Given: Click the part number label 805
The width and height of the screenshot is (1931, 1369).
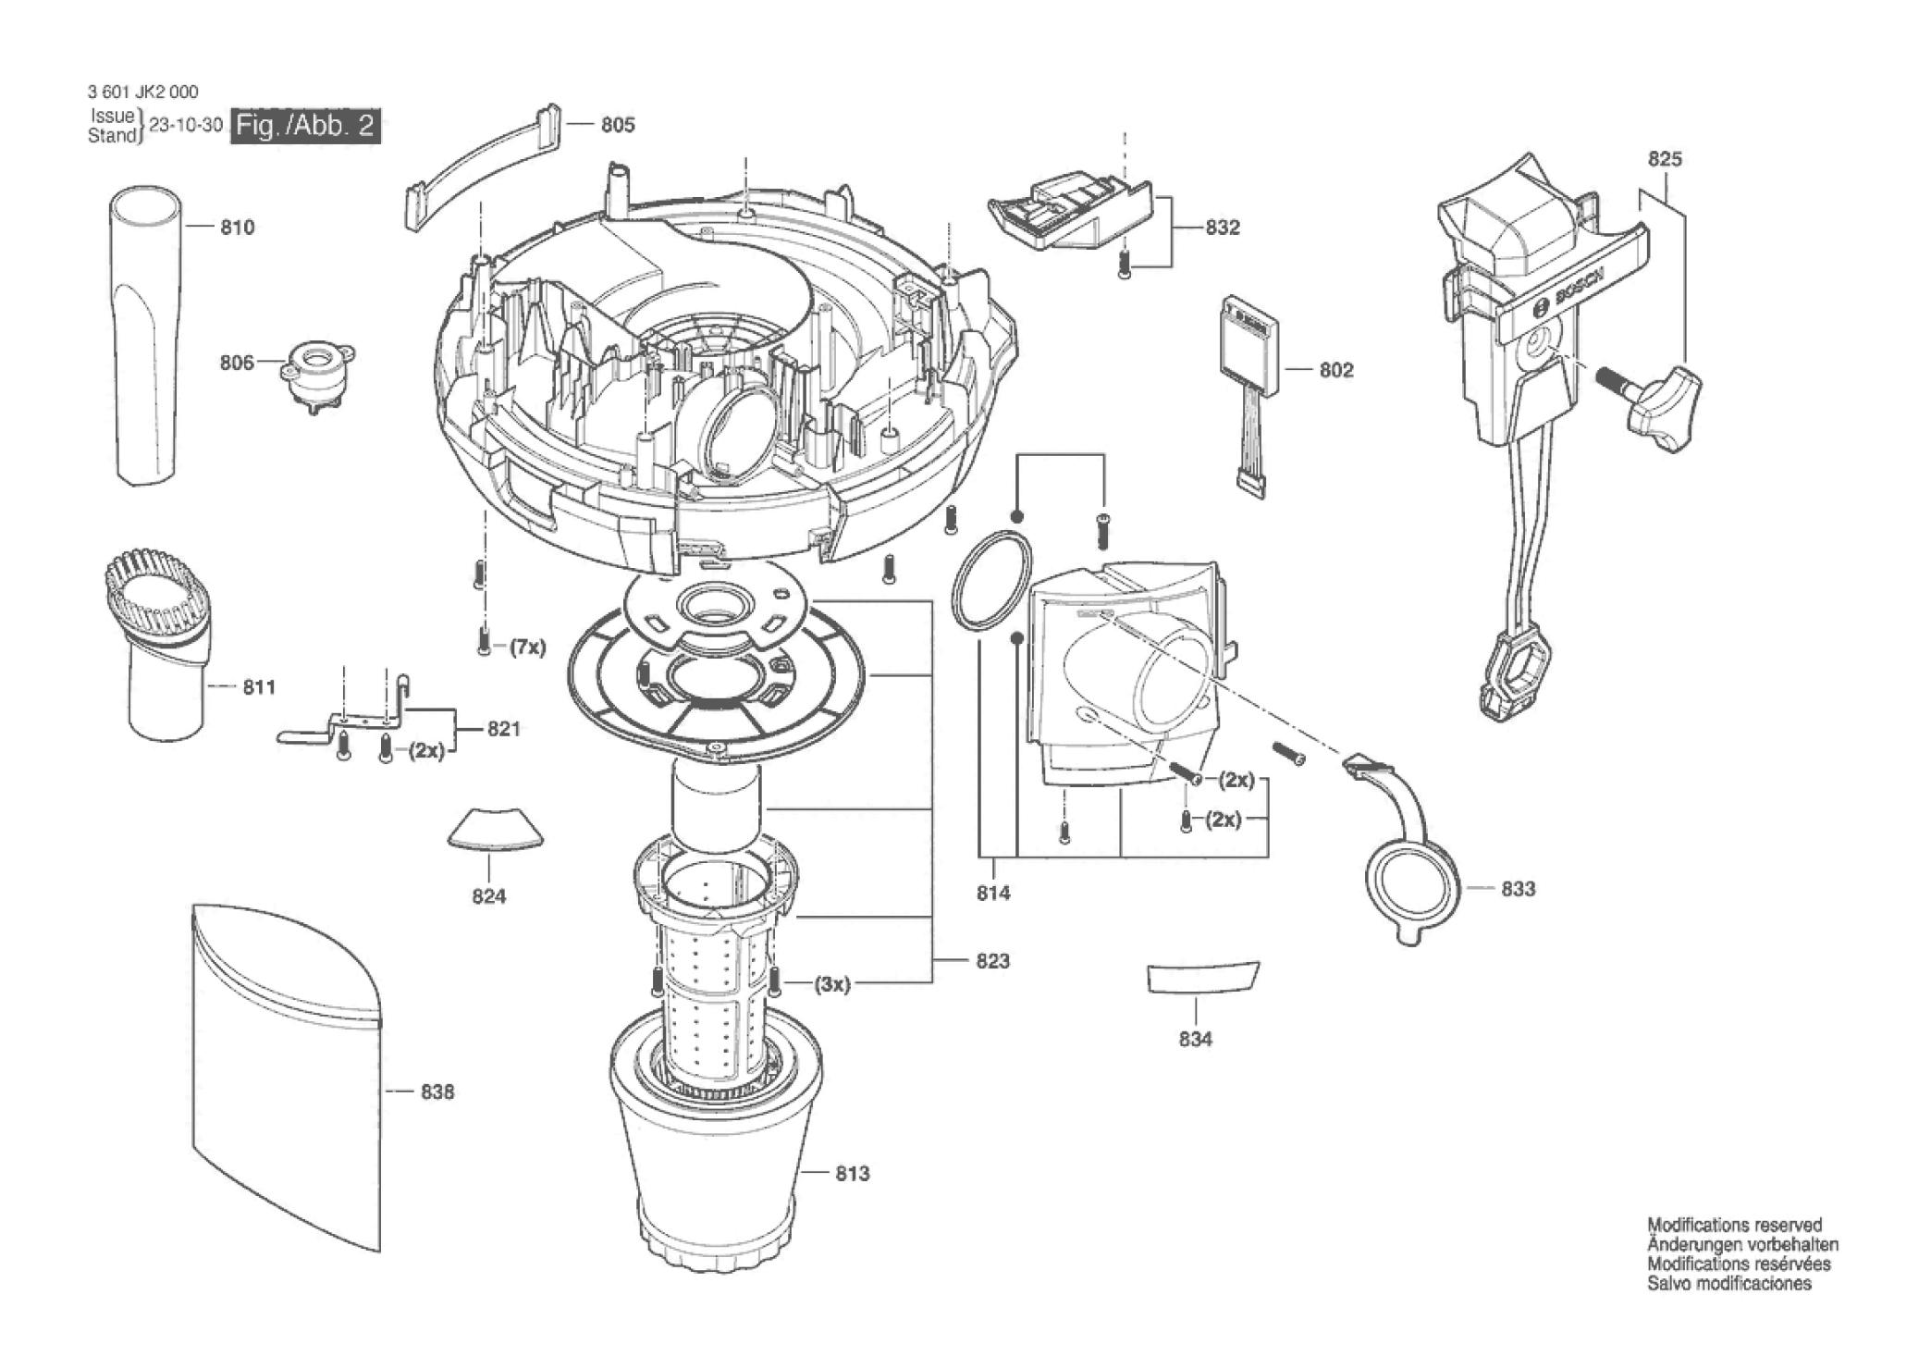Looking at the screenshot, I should click(618, 125).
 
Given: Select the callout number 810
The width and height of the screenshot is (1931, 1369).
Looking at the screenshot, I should click(237, 228).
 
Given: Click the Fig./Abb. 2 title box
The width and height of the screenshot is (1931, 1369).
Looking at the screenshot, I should click(305, 125).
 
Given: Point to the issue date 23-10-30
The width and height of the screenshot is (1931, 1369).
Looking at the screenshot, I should click(186, 125).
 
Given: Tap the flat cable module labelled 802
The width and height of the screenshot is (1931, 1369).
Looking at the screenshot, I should click(1250, 347).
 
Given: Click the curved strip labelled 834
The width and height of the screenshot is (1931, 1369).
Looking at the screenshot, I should click(1202, 978).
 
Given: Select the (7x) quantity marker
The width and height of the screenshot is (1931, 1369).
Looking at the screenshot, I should click(528, 647).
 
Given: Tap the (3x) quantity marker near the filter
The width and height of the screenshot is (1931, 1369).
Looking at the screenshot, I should click(832, 984).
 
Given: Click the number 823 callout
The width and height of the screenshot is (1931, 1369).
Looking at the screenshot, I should click(992, 961).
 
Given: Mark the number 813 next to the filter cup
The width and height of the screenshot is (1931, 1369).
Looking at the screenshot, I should click(852, 1174).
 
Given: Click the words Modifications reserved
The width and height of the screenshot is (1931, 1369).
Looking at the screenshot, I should click(1734, 1226).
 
